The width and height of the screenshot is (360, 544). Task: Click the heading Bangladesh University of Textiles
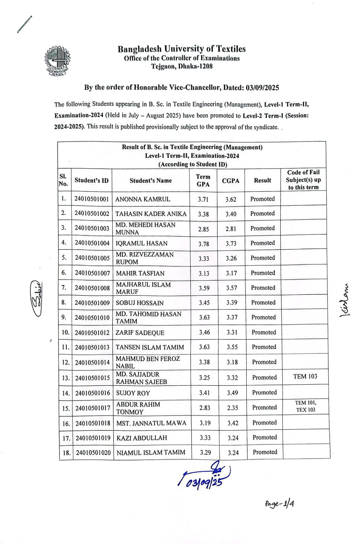(x=182, y=49)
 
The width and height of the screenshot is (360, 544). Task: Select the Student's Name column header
(x=151, y=181)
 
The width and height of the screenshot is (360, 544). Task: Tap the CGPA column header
(x=231, y=181)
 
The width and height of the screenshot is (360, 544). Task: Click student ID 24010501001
(x=92, y=199)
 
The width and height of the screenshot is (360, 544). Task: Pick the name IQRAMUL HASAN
(x=142, y=243)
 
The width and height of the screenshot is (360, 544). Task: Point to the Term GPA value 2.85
(x=203, y=229)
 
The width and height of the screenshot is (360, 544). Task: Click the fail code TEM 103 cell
(x=305, y=376)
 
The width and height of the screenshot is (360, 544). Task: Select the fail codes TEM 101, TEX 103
(x=306, y=406)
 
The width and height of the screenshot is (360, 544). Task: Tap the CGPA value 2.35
(x=233, y=408)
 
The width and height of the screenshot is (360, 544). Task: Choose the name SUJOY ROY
(x=133, y=393)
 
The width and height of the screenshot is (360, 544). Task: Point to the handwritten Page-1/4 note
(x=280, y=504)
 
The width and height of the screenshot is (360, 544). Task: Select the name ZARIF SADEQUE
(x=140, y=333)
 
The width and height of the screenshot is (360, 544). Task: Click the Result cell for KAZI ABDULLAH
(x=265, y=437)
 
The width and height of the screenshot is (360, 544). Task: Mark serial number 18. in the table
(x=66, y=453)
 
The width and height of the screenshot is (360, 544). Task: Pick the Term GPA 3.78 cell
(x=204, y=244)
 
